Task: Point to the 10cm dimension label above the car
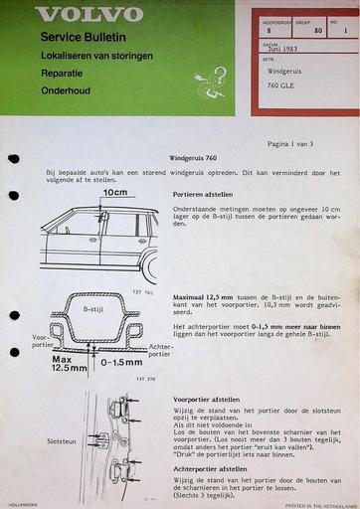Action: (x=115, y=192)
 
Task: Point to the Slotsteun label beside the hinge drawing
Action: (x=62, y=441)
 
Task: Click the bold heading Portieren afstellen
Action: (x=207, y=196)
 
